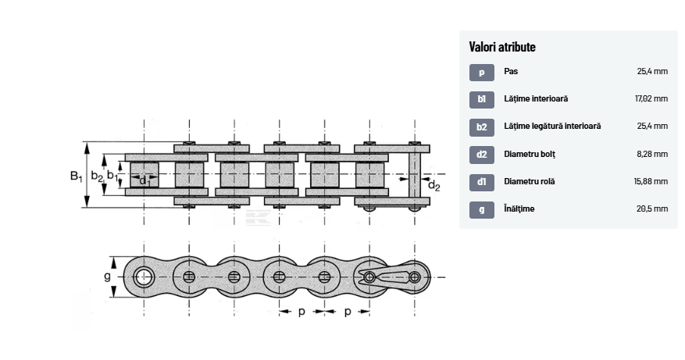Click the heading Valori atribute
(502, 47)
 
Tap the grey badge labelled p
(482, 73)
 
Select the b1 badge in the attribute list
(482, 100)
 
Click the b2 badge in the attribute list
(482, 127)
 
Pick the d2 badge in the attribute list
(482, 155)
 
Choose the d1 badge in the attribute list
(482, 182)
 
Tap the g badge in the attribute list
(482, 210)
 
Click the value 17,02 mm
(651, 98)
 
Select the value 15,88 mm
(651, 181)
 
